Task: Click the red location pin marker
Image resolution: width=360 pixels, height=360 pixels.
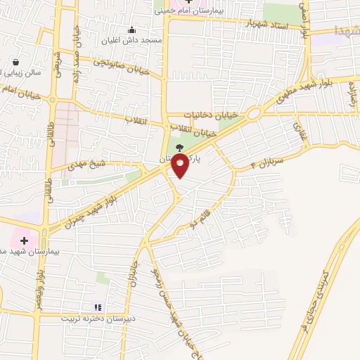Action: coord(181,166)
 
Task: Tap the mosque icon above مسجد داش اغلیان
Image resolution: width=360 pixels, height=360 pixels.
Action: coord(132,30)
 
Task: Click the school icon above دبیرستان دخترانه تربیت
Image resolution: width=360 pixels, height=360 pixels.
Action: coord(98,307)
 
